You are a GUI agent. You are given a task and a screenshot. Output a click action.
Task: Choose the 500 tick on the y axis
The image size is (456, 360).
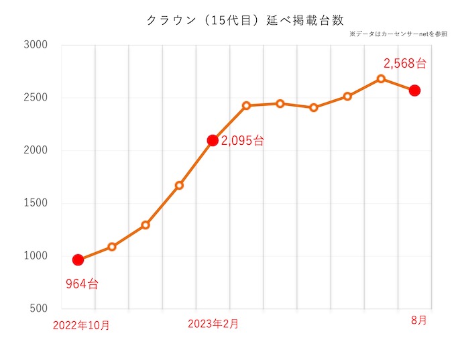(36, 308)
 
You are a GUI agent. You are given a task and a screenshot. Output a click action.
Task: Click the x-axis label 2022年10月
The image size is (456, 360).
(81, 326)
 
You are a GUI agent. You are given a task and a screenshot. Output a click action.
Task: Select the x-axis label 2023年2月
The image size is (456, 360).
(213, 324)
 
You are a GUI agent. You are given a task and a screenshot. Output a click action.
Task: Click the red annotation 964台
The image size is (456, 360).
(82, 284)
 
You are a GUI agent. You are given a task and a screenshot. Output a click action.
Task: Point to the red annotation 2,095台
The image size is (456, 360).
(242, 141)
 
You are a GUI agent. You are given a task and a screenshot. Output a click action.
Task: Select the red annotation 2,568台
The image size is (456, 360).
(405, 64)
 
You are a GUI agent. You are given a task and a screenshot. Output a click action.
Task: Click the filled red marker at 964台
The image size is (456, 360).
(78, 260)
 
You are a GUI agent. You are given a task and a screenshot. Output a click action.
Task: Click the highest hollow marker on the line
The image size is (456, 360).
(381, 78)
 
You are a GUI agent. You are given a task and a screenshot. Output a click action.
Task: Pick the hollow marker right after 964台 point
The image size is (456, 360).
(112, 247)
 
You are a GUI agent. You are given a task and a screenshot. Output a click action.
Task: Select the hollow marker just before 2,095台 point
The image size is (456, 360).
(179, 185)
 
